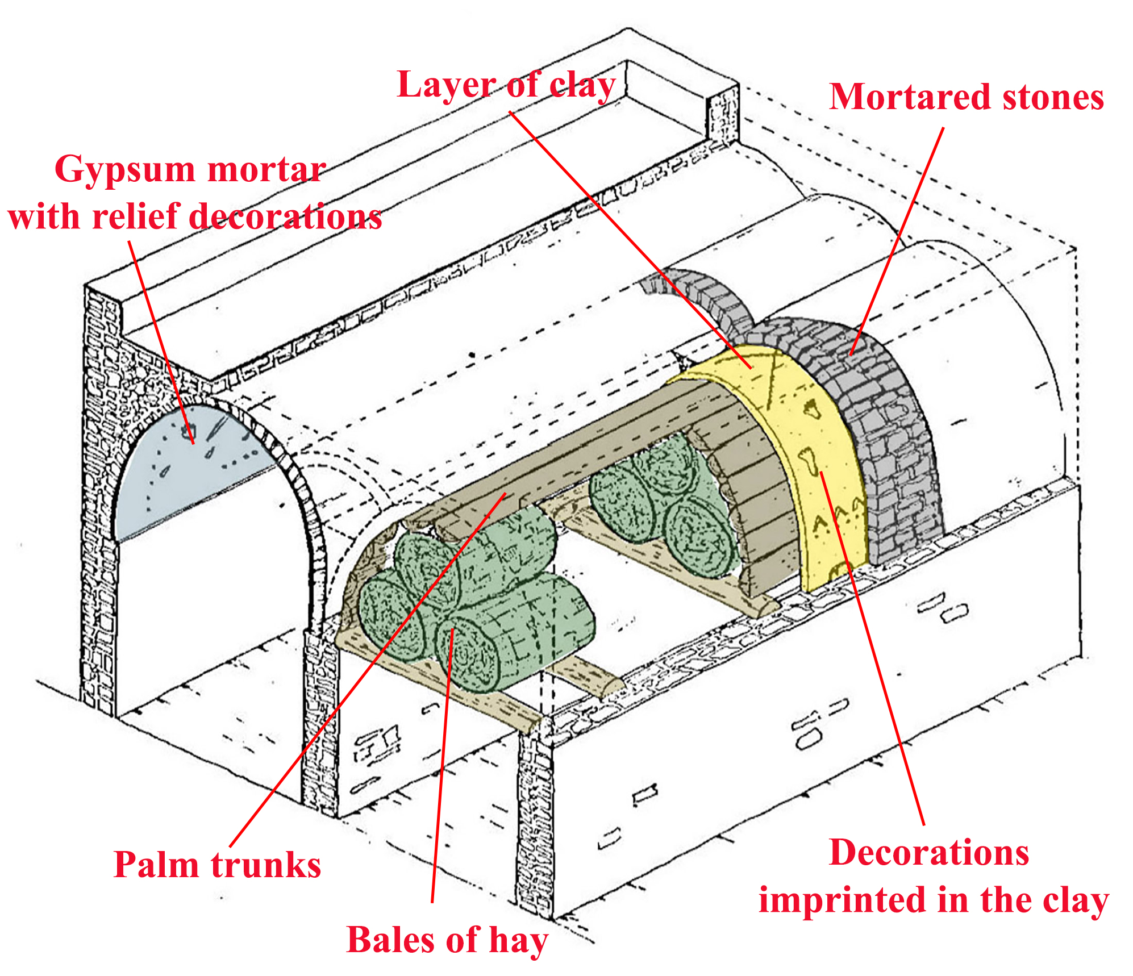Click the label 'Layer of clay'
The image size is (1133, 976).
coord(506,85)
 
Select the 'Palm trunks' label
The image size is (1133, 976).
coord(217,865)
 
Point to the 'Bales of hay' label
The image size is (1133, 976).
coord(447,940)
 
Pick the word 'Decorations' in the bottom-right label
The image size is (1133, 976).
coord(929,853)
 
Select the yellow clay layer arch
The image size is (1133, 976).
coord(818,454)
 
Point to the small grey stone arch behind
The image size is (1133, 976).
coord(710,301)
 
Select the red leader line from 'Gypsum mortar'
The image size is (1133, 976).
coord(162,341)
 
